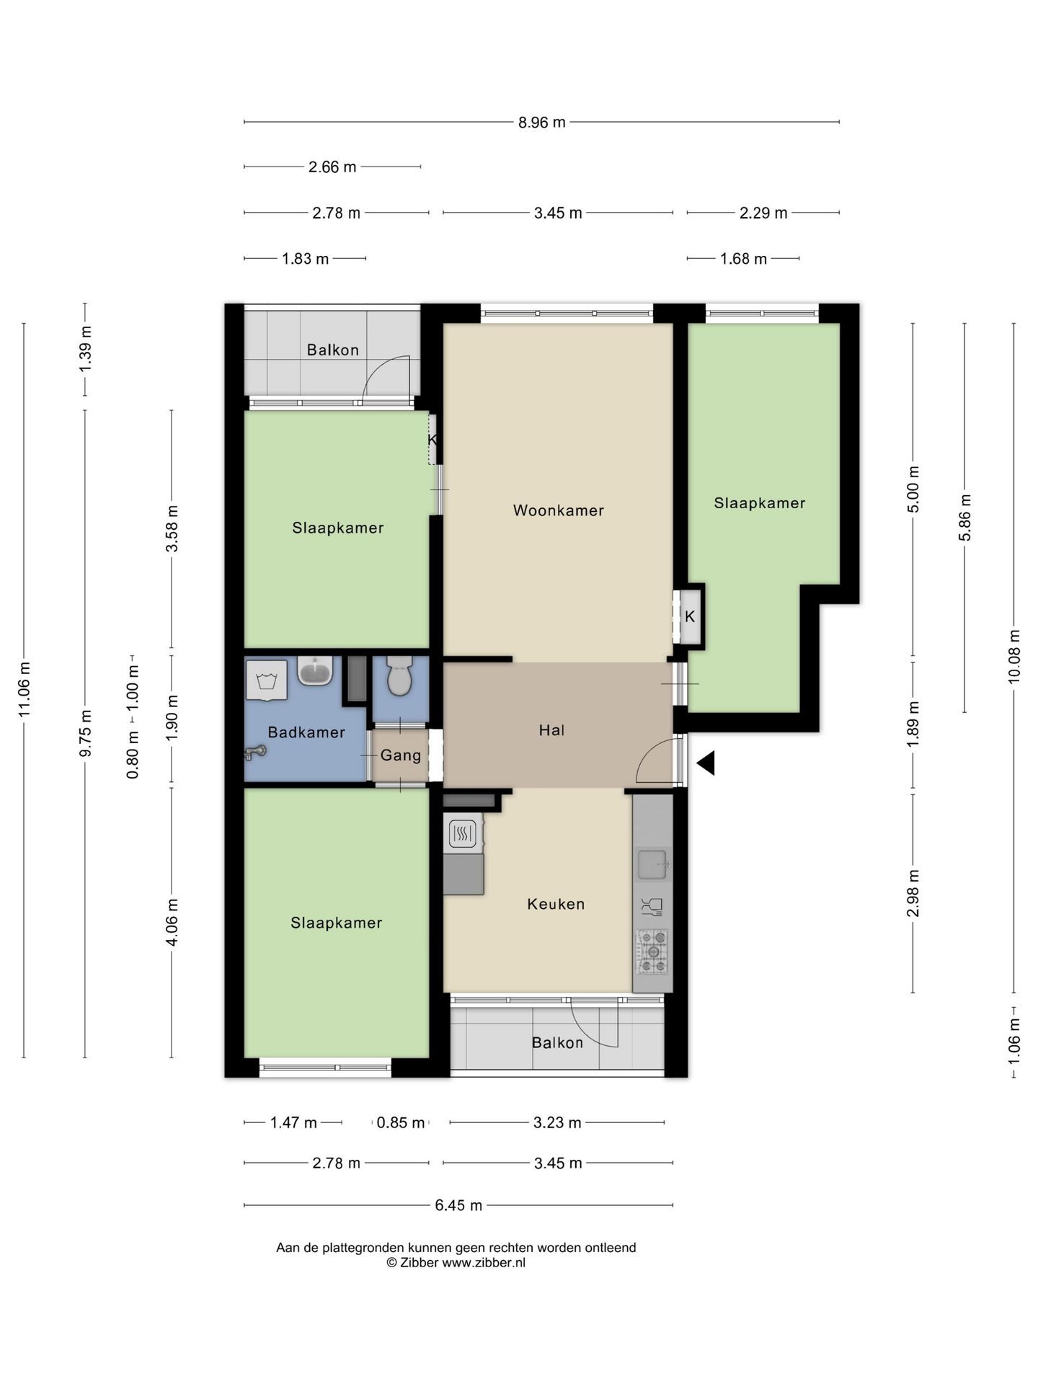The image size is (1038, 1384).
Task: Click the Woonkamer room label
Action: click(558, 510)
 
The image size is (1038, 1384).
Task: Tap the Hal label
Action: click(551, 730)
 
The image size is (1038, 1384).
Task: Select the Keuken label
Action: click(556, 904)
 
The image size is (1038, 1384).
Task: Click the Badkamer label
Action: click(306, 732)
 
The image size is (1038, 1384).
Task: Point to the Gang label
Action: click(401, 755)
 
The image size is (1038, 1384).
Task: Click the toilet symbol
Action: click(399, 676)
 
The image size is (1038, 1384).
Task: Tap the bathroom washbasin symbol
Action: click(315, 671)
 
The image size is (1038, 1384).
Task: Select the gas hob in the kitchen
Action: click(652, 951)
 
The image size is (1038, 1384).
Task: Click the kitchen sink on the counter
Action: click(653, 865)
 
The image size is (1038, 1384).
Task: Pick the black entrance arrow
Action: click(706, 763)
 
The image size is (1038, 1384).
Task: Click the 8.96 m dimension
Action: click(542, 123)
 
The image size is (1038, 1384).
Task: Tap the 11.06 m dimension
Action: click(24, 690)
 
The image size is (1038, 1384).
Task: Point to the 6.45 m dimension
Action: click(458, 1205)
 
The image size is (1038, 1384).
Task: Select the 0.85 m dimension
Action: click(401, 1123)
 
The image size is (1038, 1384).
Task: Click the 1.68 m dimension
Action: click(743, 259)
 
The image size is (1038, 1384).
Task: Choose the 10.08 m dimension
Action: click(1014, 656)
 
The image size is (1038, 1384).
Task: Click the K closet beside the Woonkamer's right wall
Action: click(690, 617)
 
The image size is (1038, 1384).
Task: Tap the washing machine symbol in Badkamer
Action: click(267, 680)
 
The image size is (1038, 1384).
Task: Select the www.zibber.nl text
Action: click(484, 1262)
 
